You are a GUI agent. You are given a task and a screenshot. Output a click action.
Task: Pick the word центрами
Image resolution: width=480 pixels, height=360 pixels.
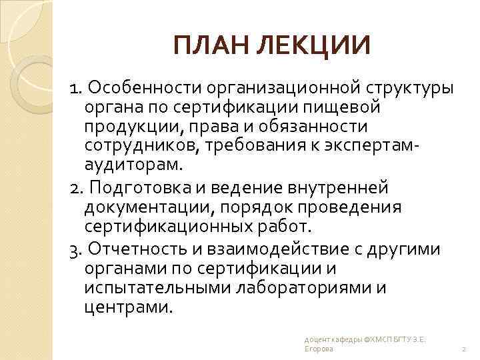pyautogui.click(x=129, y=307)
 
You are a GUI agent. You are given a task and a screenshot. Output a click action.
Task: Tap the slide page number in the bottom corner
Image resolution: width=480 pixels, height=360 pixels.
pyautogui.click(x=463, y=349)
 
